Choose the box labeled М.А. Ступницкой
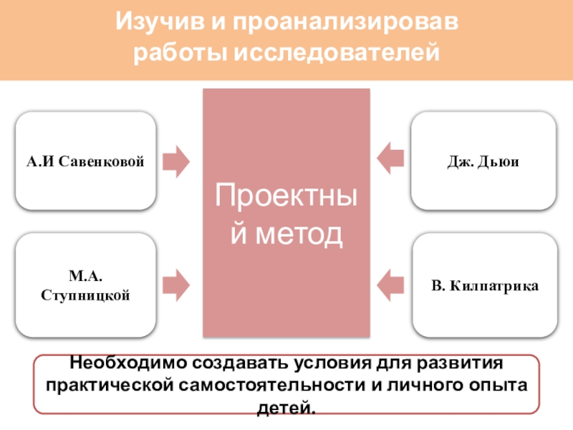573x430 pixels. pos(85,285)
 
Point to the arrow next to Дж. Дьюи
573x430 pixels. pos(391,158)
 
